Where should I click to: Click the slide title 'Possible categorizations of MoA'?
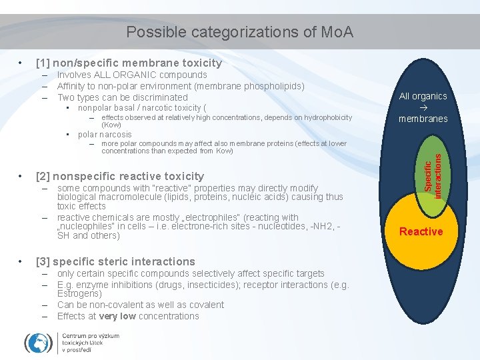(239, 32)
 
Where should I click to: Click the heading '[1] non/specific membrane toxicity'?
(129, 63)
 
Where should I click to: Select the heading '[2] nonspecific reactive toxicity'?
(120, 176)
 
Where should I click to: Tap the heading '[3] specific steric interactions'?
(115, 261)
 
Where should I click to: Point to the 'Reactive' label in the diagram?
(421, 231)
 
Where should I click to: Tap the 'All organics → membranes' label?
(423, 107)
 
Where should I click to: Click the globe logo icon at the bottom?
(38, 343)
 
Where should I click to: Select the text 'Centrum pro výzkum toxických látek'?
(90, 343)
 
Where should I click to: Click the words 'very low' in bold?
(117, 316)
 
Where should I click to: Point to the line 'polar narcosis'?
(105, 134)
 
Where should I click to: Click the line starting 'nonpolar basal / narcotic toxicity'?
(142, 107)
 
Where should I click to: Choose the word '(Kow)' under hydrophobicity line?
(111, 125)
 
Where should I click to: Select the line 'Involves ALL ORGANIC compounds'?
(132, 75)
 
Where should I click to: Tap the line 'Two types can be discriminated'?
(123, 97)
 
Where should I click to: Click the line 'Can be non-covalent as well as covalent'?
(141, 305)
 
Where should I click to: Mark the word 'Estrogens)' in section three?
(79, 293)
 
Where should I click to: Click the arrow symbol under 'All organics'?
(423, 107)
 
